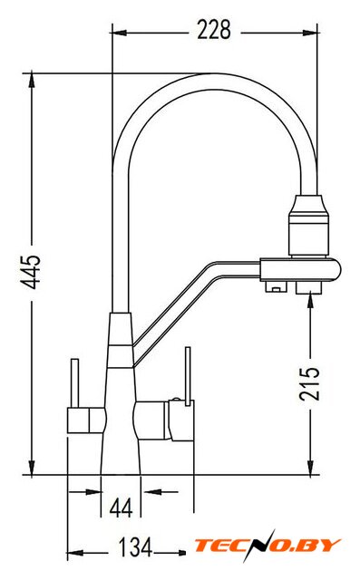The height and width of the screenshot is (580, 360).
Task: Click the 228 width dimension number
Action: (214, 30)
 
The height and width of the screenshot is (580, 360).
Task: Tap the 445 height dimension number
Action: (30, 272)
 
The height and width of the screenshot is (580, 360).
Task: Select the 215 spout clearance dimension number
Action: (309, 383)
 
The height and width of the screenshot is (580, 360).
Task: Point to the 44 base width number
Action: (121, 507)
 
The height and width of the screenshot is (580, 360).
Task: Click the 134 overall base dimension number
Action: (135, 547)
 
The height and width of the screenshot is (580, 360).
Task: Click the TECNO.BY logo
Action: (268, 546)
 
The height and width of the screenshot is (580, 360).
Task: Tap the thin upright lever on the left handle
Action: (74, 383)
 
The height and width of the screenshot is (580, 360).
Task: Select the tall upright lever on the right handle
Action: (188, 376)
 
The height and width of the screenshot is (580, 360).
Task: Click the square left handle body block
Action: (86, 420)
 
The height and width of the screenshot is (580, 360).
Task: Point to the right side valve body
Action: (164, 420)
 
